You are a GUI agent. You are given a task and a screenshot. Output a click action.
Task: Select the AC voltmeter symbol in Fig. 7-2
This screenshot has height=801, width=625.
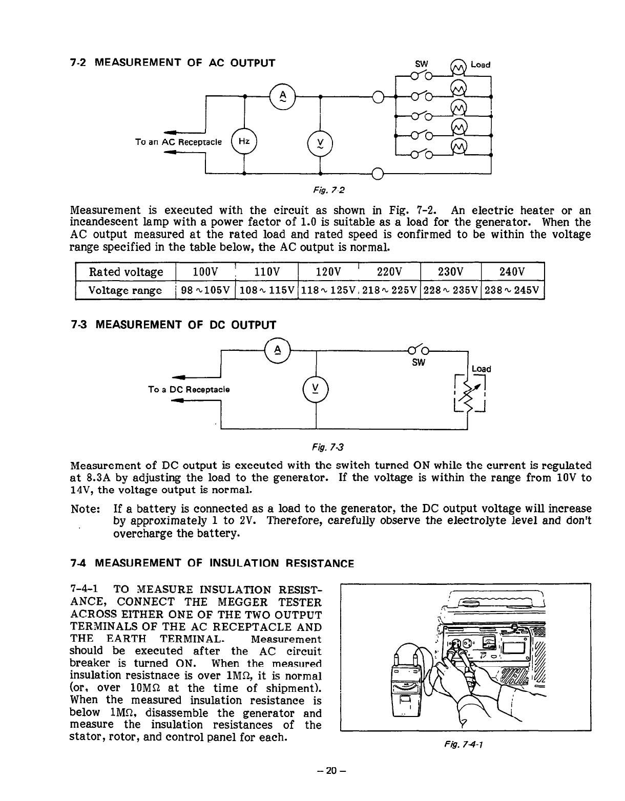(320, 142)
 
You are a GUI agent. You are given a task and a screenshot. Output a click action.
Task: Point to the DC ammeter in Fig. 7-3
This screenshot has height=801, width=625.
(277, 350)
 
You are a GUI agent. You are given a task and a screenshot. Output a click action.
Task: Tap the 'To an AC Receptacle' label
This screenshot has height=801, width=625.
(178, 141)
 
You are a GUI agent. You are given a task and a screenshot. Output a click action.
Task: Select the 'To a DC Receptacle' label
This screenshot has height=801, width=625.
(189, 389)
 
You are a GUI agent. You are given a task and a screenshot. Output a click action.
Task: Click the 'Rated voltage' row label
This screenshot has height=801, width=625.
(126, 271)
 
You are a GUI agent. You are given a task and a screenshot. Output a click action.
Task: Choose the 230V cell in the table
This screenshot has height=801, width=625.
(451, 271)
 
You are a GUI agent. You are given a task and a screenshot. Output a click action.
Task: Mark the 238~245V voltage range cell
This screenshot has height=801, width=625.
(512, 290)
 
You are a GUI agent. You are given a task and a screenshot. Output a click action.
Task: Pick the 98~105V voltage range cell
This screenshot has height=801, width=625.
(205, 290)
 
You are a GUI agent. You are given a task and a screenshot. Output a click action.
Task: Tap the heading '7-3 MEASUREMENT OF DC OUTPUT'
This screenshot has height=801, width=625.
(173, 325)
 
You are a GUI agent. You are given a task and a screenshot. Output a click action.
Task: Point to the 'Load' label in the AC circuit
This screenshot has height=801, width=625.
(480, 65)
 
